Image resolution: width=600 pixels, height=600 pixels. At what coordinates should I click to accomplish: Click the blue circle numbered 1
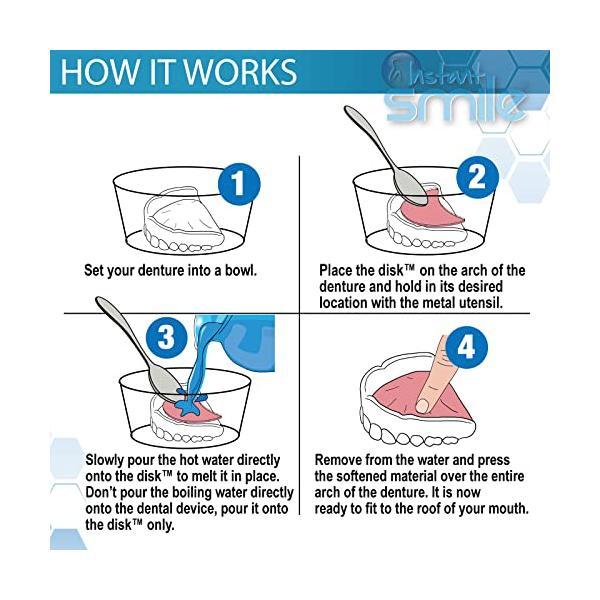[x=239, y=184]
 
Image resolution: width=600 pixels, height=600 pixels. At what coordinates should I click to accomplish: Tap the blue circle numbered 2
[x=478, y=177]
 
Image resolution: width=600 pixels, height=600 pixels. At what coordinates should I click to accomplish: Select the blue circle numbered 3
[x=167, y=337]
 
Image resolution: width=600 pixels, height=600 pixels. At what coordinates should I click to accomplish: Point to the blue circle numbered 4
[x=467, y=347]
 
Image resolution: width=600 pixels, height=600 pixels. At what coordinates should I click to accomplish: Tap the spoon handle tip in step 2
[x=348, y=110]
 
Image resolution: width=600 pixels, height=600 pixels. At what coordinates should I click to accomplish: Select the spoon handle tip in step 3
[x=100, y=301]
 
